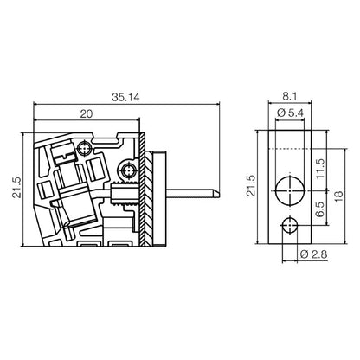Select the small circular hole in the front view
[289, 228]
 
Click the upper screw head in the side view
[84, 148]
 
